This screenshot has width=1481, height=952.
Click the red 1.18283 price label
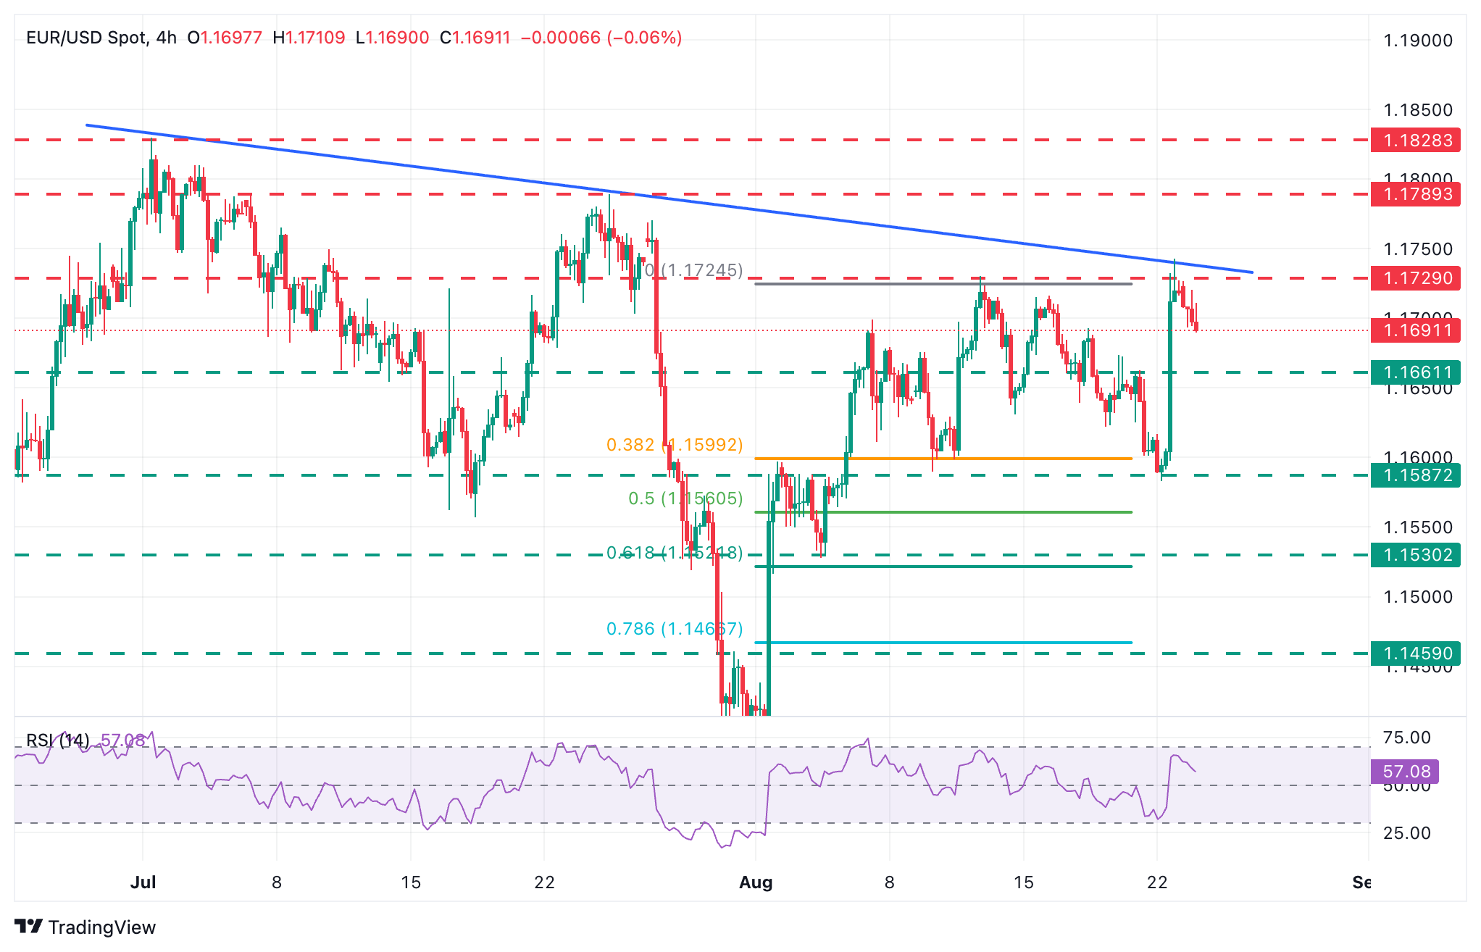click(x=1417, y=140)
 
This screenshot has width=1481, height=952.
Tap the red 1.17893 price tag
click(x=1417, y=194)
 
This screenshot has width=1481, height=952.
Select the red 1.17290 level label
click(x=1417, y=278)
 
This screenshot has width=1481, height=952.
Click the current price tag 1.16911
click(x=1417, y=331)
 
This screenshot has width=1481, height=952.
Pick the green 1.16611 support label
click(x=1417, y=372)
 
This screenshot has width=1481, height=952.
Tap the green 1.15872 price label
click(x=1417, y=475)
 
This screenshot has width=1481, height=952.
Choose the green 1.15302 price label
click(x=1417, y=555)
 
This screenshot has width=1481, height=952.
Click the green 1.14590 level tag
click(x=1417, y=654)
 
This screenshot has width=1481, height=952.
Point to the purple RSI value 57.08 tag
click(x=1406, y=772)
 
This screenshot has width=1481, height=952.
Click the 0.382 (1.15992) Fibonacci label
click(x=674, y=445)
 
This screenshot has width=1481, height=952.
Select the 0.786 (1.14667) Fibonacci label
click(x=674, y=629)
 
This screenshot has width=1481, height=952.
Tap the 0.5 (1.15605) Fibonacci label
click(x=685, y=498)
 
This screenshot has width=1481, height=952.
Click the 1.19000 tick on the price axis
click(x=1417, y=41)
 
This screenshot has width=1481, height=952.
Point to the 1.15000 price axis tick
click(x=1417, y=597)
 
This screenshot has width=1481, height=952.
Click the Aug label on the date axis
click(x=756, y=882)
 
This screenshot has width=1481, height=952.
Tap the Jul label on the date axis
click(x=143, y=882)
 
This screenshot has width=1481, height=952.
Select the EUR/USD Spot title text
click(x=87, y=38)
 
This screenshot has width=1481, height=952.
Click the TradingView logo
click(x=85, y=927)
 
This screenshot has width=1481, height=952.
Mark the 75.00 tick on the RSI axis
click(x=1406, y=738)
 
